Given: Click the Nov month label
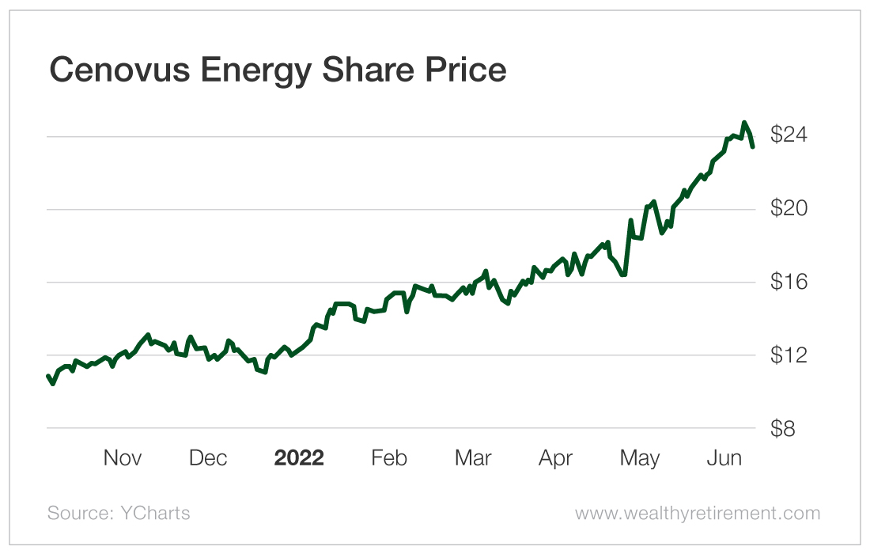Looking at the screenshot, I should pyautogui.click(x=123, y=458).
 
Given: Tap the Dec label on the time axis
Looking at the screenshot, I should pyautogui.click(x=209, y=458).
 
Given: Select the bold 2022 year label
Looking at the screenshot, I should pyautogui.click(x=299, y=458).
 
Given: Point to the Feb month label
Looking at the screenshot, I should pyautogui.click(x=389, y=458).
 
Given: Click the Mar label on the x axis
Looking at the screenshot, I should pyautogui.click(x=473, y=458).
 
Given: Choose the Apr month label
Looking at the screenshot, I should pyautogui.click(x=555, y=458).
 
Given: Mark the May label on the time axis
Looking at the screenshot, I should pyautogui.click(x=639, y=458).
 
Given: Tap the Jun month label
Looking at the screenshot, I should pyautogui.click(x=724, y=458).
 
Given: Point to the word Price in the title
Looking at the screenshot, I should pyautogui.click(x=467, y=70).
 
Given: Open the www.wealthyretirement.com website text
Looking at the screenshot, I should pyautogui.click(x=698, y=513).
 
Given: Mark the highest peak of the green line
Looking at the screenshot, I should pyautogui.click(x=744, y=123).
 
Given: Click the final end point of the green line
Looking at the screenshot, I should pyautogui.click(x=753, y=146).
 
